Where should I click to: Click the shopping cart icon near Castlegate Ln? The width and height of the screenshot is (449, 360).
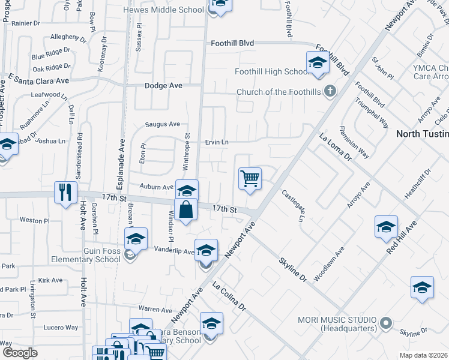click(x=250, y=178)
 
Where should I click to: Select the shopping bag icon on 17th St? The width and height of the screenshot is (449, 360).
click(x=186, y=209)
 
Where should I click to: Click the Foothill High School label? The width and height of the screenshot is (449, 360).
click(x=271, y=72)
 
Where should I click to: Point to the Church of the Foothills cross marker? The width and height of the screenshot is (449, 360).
click(x=328, y=92)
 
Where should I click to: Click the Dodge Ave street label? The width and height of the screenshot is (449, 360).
click(x=163, y=86)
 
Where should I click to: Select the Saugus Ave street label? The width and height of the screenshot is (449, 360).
click(x=162, y=125)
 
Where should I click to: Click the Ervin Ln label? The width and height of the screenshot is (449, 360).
click(x=217, y=142)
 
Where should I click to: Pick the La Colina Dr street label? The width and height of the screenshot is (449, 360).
click(x=229, y=297)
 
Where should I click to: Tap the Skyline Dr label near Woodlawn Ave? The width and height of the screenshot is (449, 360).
click(x=292, y=270)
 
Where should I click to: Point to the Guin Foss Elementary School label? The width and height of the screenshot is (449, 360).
click(x=86, y=255)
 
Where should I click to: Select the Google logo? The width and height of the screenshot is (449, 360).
click(x=20, y=353)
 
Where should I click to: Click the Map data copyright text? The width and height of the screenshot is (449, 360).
click(x=422, y=355)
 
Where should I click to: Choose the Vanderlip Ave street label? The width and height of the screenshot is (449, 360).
click(x=173, y=250)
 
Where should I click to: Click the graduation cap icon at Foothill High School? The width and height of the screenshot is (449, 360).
click(x=318, y=62)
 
